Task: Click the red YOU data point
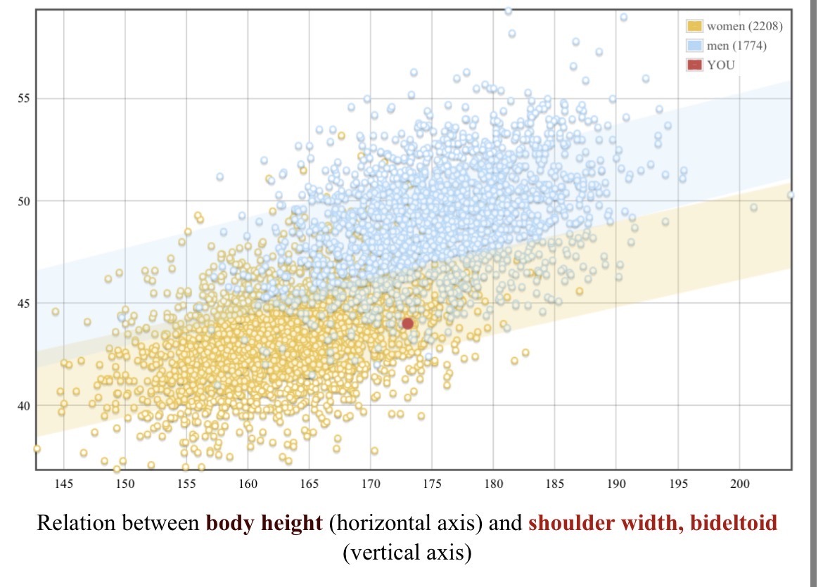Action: pos(407,323)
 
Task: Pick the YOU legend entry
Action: pos(722,65)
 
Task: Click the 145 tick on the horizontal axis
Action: pos(64,484)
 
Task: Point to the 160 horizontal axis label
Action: pos(248,484)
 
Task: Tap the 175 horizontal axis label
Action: pos(432,484)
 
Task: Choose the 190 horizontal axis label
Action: pos(616,484)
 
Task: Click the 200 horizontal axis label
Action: pos(739,484)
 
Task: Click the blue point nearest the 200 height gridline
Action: pos(753,207)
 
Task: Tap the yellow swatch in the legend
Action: pos(694,27)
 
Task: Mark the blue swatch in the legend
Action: pos(694,46)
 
